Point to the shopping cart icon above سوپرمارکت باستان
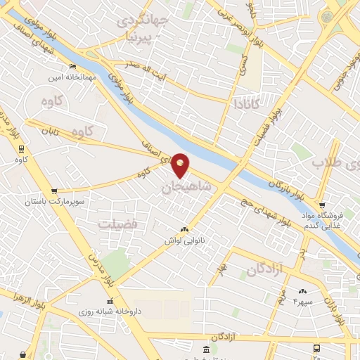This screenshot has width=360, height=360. [54, 191]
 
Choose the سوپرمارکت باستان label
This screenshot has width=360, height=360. [54, 202]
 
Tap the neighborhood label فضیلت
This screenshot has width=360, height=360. [117, 224]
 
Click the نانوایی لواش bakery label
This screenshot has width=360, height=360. [185, 240]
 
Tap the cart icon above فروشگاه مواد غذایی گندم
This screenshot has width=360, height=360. [322, 205]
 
